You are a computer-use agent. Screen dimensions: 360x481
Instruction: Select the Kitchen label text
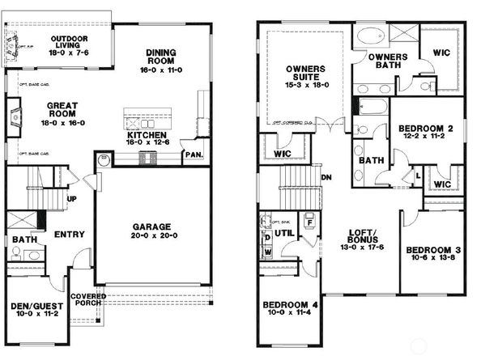coord(147,134)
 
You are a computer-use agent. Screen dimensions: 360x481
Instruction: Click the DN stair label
coord(327,176)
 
